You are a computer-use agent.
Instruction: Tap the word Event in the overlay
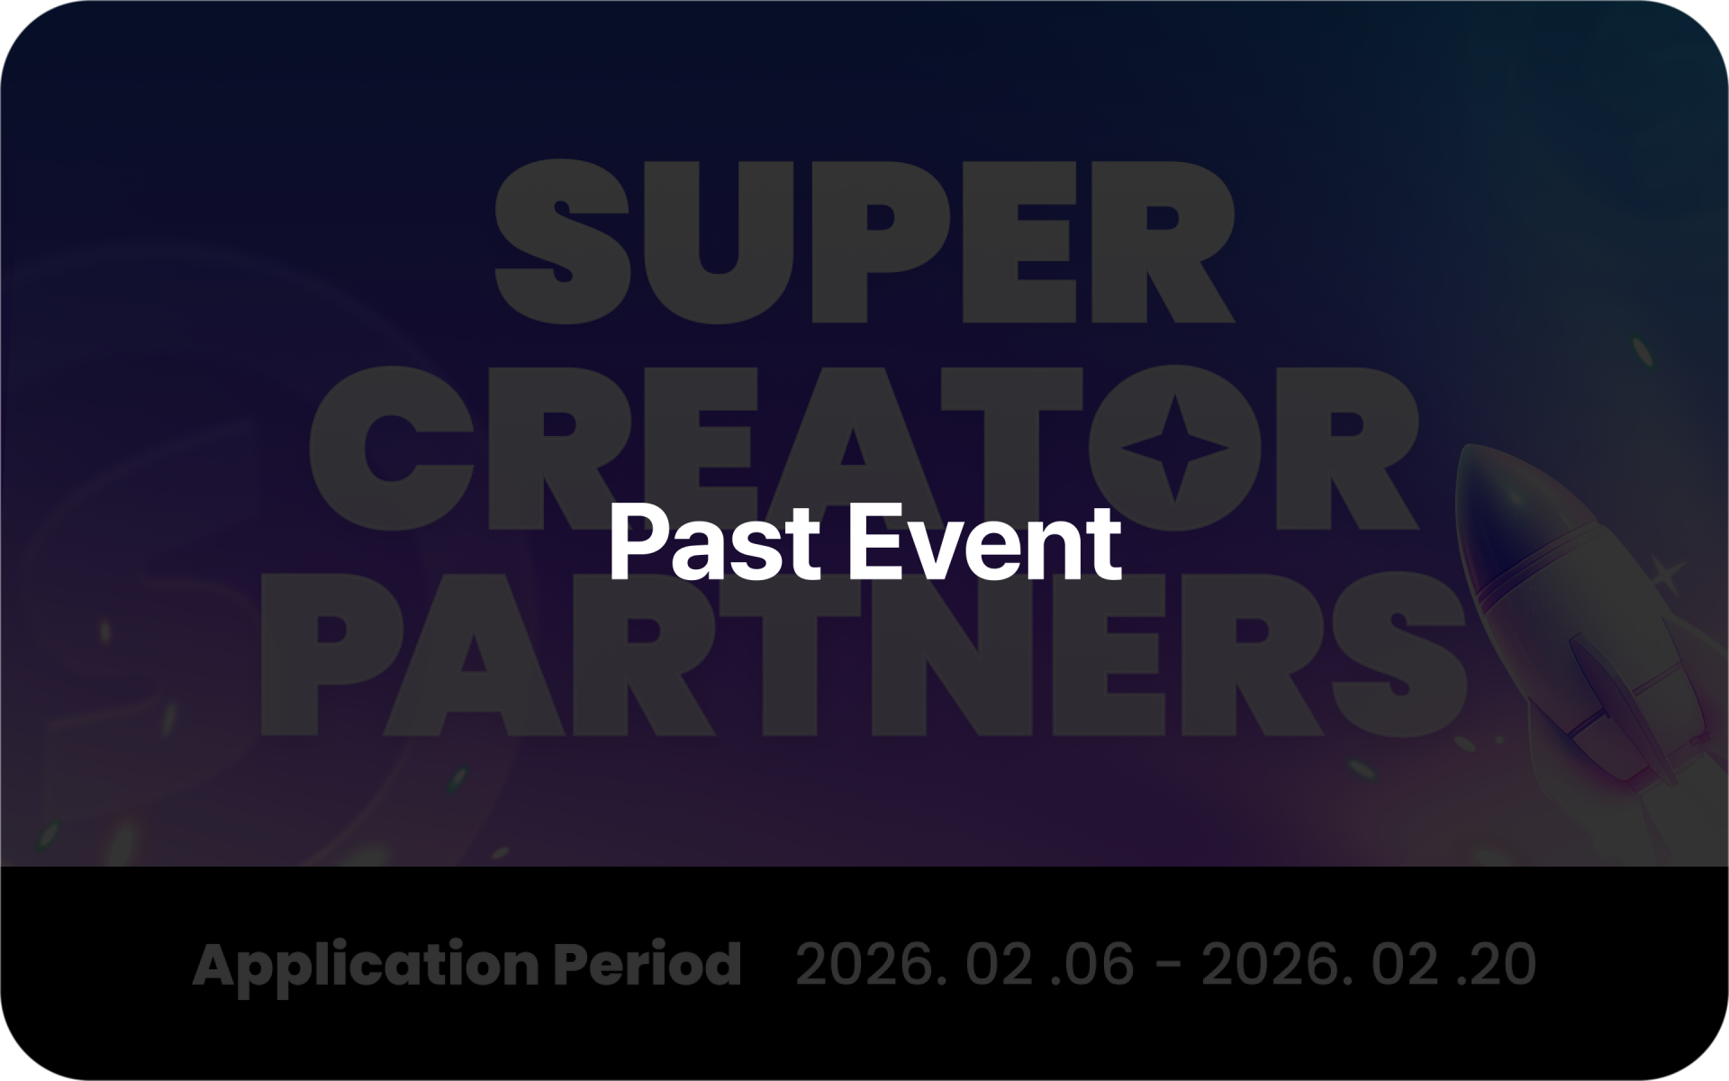point(985,542)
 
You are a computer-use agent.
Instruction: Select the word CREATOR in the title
point(864,448)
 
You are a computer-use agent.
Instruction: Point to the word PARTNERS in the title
point(864,654)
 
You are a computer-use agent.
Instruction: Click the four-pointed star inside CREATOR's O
point(1174,448)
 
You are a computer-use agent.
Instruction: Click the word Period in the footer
point(647,963)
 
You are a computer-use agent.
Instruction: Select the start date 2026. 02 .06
point(964,964)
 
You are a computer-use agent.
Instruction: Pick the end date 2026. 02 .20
point(1368,964)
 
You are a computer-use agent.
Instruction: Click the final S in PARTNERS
point(1400,654)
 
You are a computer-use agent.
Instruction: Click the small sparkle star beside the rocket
point(1667,575)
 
